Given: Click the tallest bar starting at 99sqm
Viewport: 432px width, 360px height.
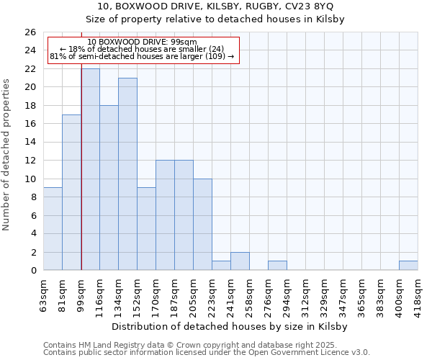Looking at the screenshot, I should coord(91,169).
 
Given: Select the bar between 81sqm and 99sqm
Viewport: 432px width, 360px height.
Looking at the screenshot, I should coord(71,192).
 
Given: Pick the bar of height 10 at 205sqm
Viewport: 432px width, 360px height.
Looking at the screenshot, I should coord(202,224).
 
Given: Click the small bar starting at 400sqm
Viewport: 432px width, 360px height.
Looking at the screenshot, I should coord(408,266).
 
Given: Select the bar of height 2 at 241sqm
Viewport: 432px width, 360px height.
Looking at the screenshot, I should coord(240,261).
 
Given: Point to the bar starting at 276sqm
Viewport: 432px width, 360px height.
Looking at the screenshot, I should coord(277,266).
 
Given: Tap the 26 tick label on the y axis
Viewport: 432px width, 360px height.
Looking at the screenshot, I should coord(30,32).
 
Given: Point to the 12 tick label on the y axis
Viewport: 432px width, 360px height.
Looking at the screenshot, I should coord(30,161).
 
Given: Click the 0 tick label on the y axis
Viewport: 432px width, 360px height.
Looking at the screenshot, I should coord(33,271).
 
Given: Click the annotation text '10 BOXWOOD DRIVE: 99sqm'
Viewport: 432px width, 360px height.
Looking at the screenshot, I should coord(143,42).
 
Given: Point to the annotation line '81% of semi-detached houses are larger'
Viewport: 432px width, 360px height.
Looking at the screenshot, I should coord(143,56).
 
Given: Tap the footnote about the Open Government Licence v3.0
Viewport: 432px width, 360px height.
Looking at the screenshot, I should coord(207,352).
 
